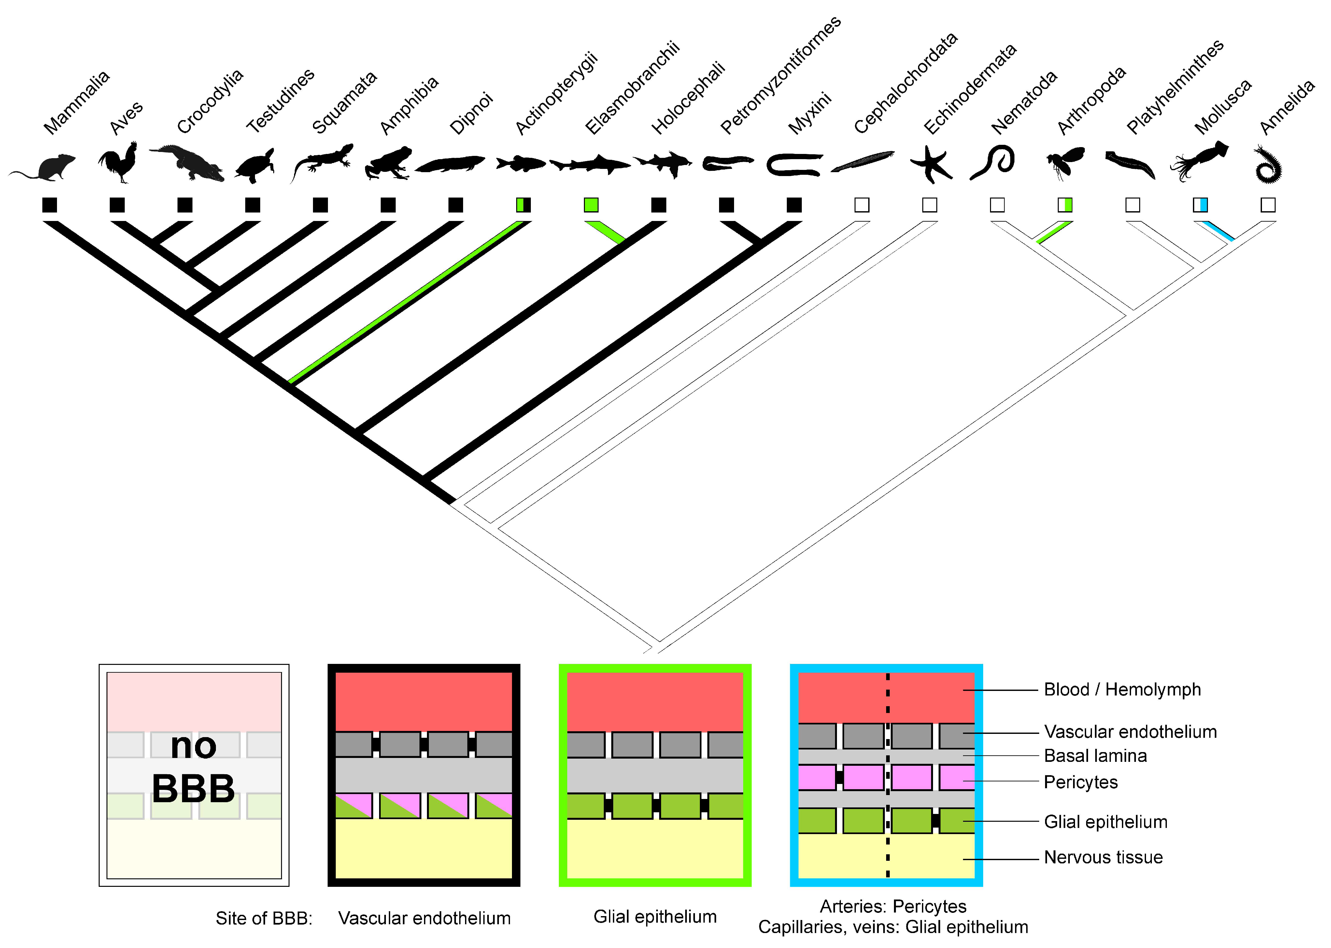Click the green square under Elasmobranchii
[x=591, y=205]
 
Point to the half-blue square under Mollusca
[x=1200, y=205]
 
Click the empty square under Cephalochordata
[x=862, y=205]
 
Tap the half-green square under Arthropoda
[x=1065, y=205]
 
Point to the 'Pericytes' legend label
[x=1081, y=782]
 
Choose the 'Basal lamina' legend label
[x=1095, y=756]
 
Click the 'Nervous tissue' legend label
[x=1103, y=858]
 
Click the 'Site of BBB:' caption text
[x=264, y=918]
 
